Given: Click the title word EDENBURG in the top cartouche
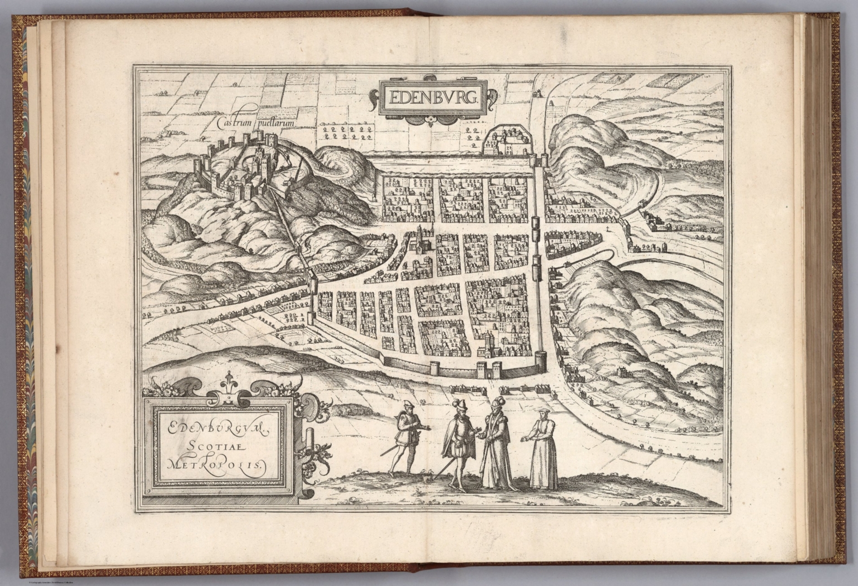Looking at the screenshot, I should pos(432,98).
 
